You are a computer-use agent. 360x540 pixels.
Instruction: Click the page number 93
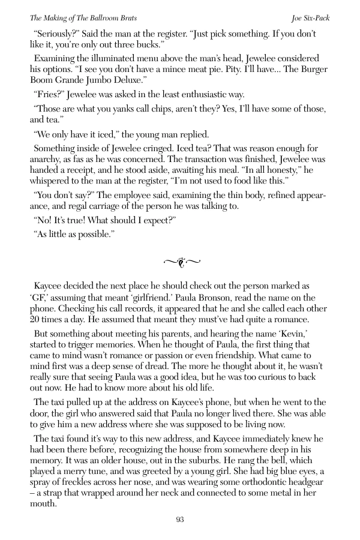[x=180, y=520]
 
